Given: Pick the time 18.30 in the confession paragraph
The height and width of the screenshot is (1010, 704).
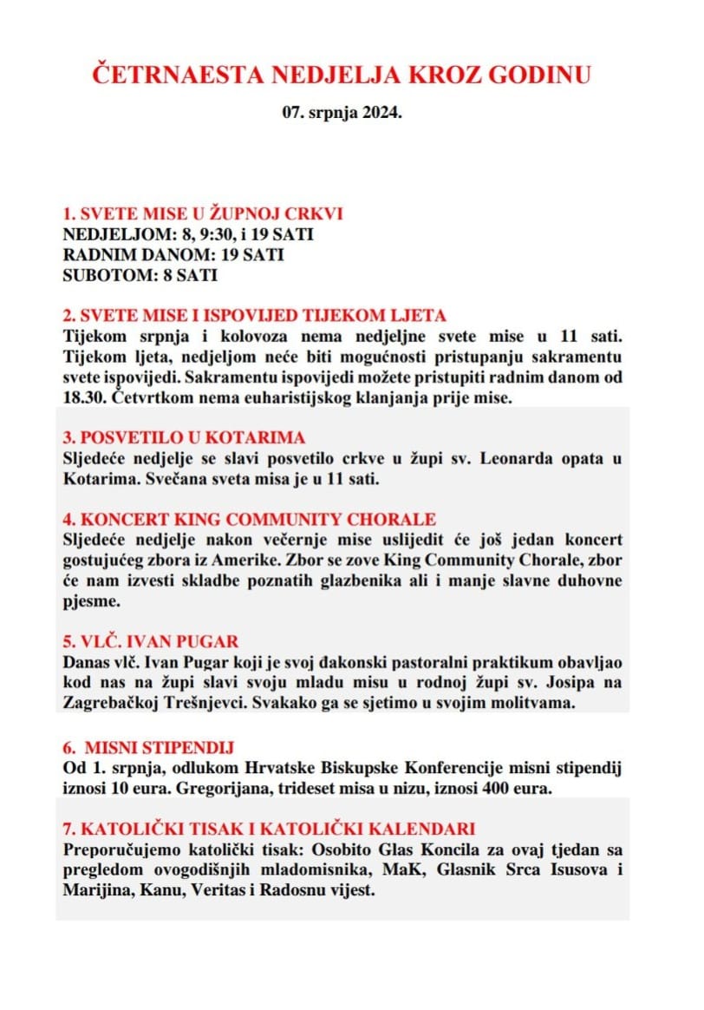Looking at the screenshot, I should point(85,397).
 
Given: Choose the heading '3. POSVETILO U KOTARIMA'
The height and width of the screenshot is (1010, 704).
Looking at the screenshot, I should point(184,437).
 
